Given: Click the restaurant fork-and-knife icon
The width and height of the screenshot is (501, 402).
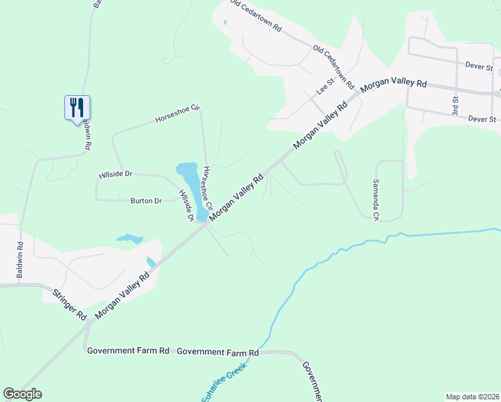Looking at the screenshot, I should click(x=77, y=107).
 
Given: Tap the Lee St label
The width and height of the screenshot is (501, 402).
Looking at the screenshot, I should click(x=325, y=87).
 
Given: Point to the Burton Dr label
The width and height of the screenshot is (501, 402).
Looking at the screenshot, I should click(x=146, y=200).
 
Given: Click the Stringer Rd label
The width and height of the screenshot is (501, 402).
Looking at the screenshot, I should click(x=71, y=304).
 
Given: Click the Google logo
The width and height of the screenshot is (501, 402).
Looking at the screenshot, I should click(x=23, y=394).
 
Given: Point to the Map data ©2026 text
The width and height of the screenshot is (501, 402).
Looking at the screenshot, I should click(x=472, y=396).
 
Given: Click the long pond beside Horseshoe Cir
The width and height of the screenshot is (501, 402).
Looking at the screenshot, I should click(x=192, y=184).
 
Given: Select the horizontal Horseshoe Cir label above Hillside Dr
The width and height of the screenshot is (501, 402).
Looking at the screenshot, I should click(x=177, y=113).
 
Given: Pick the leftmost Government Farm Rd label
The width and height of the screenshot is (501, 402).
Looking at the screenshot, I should click(x=128, y=350).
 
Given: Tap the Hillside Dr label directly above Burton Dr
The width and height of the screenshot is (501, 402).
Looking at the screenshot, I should click(x=115, y=174).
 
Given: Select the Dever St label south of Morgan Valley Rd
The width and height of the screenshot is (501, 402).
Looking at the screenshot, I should click(x=482, y=119).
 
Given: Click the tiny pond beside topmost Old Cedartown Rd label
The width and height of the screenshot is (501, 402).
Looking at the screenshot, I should click(x=225, y=23).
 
